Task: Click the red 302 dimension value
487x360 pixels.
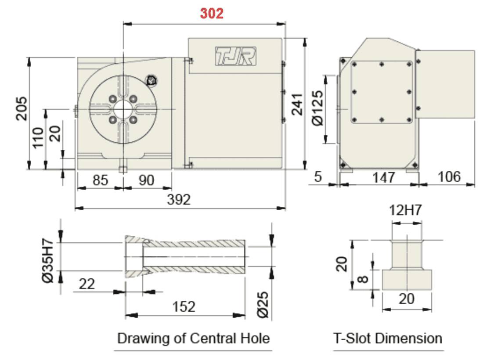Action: pos(212,14)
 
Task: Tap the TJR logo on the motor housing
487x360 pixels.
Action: pos(235,56)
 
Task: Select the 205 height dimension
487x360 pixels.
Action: pos(22,108)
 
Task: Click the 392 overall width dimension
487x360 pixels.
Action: pos(179,200)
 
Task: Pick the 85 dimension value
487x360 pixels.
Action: pos(101,180)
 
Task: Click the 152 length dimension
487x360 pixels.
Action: pos(183,306)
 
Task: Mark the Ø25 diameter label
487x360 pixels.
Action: pos(263,304)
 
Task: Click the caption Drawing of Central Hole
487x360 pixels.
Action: pos(193,338)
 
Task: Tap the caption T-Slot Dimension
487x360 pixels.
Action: pos(387,338)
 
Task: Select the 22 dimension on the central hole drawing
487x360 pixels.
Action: pos(87,284)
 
